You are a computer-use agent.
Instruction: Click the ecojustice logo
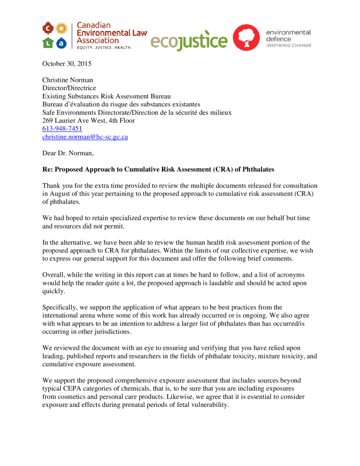[x=188, y=41]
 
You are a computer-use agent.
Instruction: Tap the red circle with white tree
[x=246, y=38]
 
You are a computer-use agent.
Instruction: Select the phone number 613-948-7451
[x=62, y=129]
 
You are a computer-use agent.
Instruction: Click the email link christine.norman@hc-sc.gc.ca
[x=85, y=137]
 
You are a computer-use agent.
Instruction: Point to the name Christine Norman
[x=68, y=80]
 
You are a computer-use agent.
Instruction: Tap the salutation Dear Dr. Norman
[x=68, y=153]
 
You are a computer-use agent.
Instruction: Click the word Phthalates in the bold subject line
[x=258, y=169]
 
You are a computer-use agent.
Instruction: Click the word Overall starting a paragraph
[x=54, y=275]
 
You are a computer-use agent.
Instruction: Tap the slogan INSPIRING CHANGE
[x=289, y=46]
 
